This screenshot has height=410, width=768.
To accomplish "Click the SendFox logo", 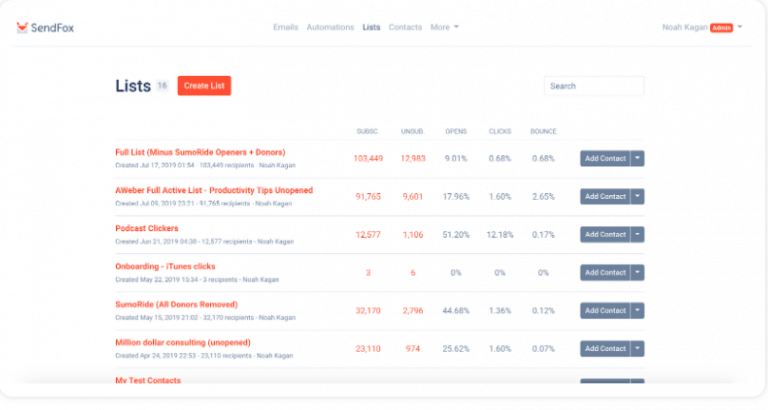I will [45, 28].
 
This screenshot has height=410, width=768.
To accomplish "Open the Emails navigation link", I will [285, 27].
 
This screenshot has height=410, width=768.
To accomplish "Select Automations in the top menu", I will [330, 27].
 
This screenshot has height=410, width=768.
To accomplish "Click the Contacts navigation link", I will [405, 27].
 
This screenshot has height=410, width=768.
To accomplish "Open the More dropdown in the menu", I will [444, 27].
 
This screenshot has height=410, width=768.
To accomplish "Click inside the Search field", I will [594, 86].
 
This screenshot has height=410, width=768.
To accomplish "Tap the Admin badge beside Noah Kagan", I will [721, 28].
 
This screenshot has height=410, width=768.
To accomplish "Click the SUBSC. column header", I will [368, 131].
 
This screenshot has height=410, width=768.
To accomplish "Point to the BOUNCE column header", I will [544, 131].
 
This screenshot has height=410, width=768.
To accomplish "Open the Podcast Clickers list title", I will [147, 228].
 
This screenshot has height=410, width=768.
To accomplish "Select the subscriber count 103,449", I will [368, 158].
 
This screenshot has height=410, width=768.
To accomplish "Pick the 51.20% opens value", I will [456, 234].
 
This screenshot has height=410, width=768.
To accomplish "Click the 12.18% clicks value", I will [500, 234].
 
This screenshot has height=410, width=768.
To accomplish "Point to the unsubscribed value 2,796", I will [413, 310].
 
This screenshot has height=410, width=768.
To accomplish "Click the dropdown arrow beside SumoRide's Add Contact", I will [637, 310].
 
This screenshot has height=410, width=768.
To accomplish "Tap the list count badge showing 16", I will [162, 86].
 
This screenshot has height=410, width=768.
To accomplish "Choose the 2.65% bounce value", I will [544, 196].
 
